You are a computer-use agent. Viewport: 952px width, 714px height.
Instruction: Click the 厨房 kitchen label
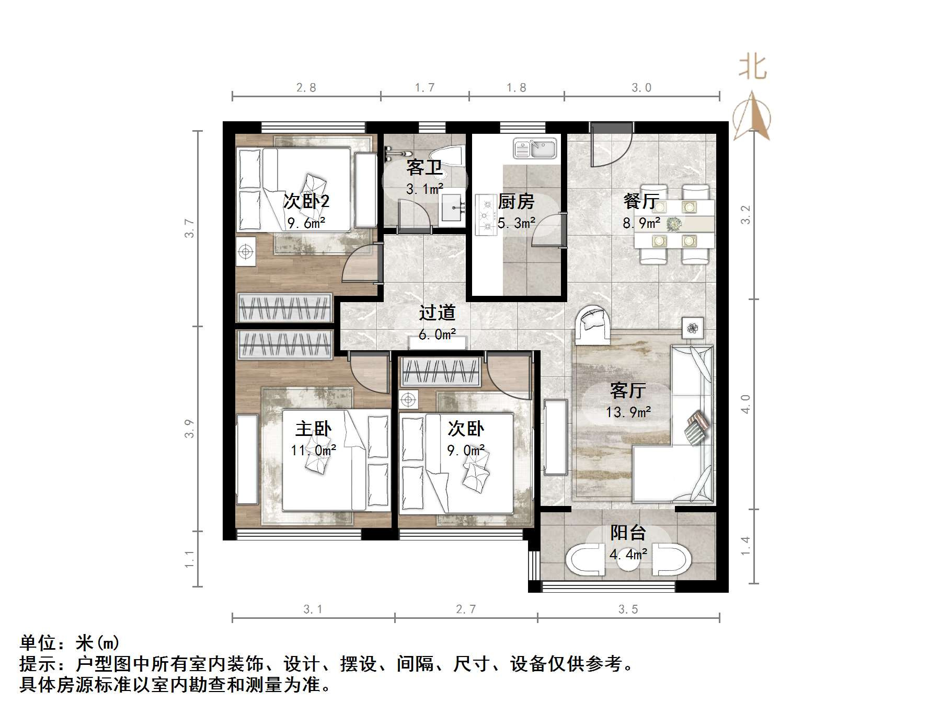(516, 201)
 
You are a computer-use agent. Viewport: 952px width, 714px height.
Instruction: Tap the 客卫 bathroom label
(424, 167)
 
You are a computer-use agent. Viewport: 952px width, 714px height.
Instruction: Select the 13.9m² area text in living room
(628, 412)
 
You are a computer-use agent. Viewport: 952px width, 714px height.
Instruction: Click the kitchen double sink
(535, 148)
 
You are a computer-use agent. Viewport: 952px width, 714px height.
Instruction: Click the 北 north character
(752, 68)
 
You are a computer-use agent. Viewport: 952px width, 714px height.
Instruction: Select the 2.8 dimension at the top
(306, 88)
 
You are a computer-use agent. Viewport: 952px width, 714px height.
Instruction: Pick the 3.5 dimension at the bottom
(628, 609)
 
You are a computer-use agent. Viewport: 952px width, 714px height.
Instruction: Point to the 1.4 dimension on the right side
(745, 546)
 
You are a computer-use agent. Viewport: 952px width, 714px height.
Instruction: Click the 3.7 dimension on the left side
(189, 228)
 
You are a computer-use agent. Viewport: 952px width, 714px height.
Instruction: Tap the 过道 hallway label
(437, 313)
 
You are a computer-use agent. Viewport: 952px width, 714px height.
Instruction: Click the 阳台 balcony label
(628, 533)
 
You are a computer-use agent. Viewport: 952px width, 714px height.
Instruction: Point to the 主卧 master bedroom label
(313, 429)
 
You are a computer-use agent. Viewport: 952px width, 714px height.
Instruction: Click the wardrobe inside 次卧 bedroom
(440, 372)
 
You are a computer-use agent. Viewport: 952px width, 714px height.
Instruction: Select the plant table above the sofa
(693, 328)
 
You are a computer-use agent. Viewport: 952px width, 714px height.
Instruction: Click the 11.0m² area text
(313, 450)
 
